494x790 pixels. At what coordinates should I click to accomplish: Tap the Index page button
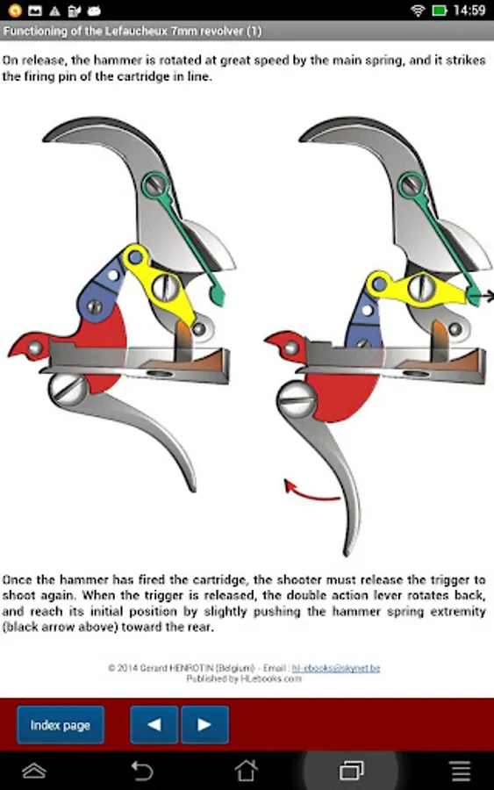point(61,724)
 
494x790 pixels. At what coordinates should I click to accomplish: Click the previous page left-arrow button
point(154,724)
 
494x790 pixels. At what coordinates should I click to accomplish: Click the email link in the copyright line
point(336,668)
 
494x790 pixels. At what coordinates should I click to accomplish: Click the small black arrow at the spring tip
point(488,297)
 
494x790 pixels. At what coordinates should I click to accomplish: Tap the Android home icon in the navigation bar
point(247,771)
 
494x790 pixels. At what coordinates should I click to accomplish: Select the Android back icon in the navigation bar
point(141,771)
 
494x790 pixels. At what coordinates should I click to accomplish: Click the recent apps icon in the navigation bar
point(352,771)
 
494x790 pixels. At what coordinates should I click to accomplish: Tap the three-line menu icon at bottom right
point(461,771)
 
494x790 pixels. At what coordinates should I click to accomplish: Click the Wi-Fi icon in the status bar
point(418,10)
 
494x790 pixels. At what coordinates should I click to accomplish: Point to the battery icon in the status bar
point(439,10)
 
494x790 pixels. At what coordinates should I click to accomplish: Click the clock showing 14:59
point(469,10)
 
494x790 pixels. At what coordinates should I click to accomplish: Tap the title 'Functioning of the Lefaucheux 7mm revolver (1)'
point(132,32)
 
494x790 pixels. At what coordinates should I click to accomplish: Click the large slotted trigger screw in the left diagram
point(68,390)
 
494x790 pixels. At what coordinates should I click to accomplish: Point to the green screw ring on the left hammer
point(154,185)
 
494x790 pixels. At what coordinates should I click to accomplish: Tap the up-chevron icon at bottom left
point(34,771)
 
